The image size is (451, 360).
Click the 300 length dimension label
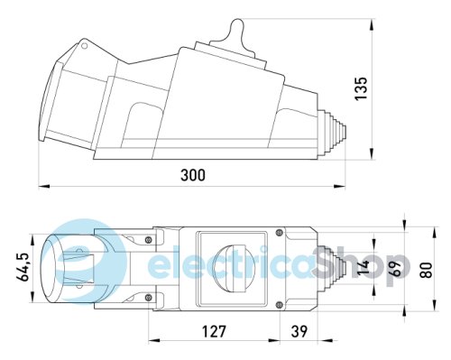click(x=193, y=175)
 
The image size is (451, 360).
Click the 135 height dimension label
click(x=361, y=88)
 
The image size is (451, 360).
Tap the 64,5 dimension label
click(x=23, y=267)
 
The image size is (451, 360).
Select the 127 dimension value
click(x=214, y=331)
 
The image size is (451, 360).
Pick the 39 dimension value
click(x=299, y=331)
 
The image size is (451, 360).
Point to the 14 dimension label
click(x=364, y=267)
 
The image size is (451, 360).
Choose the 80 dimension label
click(x=427, y=270)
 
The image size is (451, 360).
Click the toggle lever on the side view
click(x=236, y=32)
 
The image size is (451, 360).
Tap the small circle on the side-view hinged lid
click(x=85, y=46)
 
